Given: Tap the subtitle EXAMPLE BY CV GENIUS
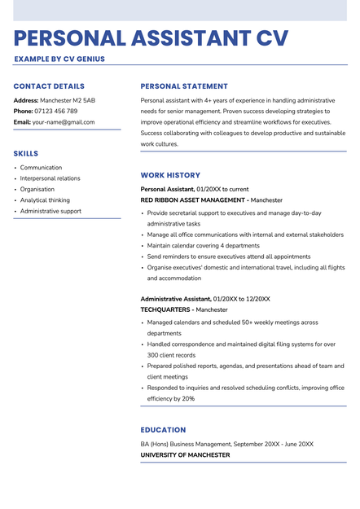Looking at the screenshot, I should point(59,59).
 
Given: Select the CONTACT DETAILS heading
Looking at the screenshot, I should point(49,86).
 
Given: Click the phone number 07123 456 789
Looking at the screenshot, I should point(56,112).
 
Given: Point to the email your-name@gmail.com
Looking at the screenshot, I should point(64,122).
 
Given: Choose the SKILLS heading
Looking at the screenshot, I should point(26,153).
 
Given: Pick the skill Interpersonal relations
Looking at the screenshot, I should point(50,178).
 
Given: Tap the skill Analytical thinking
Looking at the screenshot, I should point(45,200).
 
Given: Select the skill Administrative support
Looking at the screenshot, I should point(50,211).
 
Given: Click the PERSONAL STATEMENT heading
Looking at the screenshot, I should point(184,86).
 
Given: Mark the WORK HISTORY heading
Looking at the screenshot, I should point(170,175).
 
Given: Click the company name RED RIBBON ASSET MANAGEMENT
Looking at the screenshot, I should point(192,200).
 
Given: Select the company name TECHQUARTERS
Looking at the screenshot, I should point(166,310).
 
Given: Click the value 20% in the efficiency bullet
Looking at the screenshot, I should point(188,399).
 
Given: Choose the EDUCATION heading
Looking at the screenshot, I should point(163,430).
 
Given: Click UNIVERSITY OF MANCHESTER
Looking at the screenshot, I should point(185,455).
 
